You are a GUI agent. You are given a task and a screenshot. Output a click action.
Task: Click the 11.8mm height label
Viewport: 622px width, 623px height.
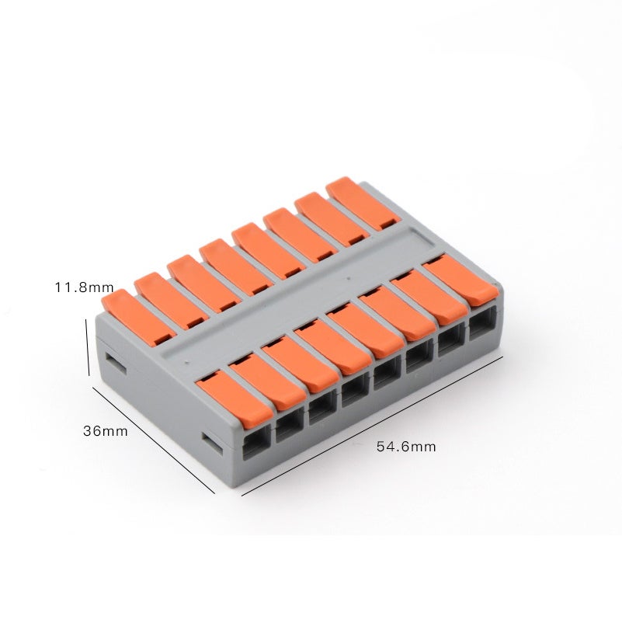coord(84,287)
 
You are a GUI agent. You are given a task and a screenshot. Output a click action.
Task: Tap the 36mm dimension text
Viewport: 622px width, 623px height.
coord(106,431)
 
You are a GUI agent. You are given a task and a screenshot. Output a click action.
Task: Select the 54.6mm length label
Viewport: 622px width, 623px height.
coord(406,447)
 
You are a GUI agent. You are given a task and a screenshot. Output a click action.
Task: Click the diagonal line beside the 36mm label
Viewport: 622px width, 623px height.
coord(153,440)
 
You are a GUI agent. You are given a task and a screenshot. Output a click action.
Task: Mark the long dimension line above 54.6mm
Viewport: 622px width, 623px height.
coord(372,426)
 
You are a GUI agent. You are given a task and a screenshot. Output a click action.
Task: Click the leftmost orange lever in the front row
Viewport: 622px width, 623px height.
coord(235,399)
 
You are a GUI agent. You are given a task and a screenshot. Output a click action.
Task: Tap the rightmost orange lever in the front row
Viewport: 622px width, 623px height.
coord(462,280)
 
